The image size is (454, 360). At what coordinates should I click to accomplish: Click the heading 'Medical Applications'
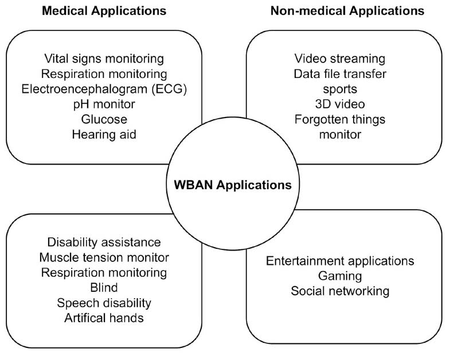[104, 11]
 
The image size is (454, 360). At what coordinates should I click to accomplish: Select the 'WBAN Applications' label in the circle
[233, 185]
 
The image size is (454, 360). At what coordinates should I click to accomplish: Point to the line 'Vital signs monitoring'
[104, 58]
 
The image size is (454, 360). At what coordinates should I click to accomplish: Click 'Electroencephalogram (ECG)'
[104, 89]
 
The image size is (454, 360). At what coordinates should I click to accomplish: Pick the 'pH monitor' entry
[104, 104]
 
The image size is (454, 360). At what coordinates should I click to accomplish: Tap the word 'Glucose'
[104, 119]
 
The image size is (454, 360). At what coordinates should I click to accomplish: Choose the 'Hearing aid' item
[104, 135]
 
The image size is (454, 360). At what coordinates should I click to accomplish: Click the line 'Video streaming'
[339, 58]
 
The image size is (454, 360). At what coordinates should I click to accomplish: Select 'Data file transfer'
[339, 74]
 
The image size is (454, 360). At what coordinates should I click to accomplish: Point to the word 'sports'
[339, 89]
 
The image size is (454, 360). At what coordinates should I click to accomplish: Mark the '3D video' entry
[339, 104]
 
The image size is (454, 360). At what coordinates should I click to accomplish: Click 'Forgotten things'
[339, 119]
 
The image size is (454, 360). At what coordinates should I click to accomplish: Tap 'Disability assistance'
[104, 242]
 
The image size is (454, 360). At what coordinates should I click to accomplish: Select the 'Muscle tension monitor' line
[104, 258]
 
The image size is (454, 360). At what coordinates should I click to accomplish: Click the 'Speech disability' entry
[104, 303]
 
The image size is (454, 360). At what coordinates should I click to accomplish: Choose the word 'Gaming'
[340, 276]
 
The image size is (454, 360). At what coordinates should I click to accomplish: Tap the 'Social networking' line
[340, 291]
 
